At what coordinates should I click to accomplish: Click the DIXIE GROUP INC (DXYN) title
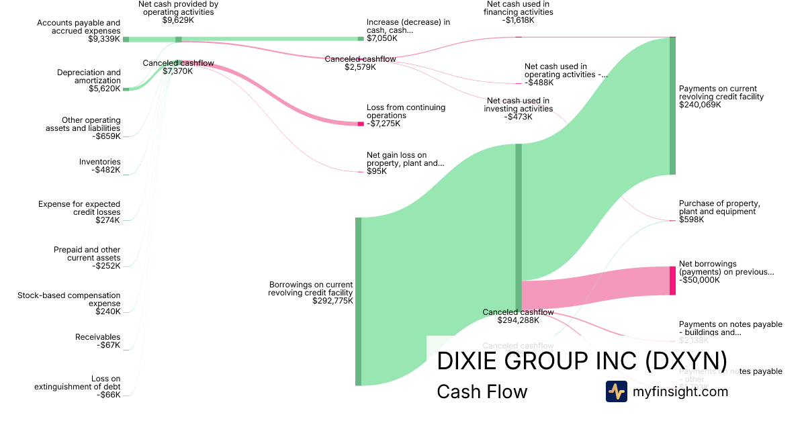click(582, 361)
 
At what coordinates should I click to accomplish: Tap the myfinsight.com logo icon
click(616, 391)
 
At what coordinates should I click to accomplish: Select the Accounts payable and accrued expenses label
click(79, 27)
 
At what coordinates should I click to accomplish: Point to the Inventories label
click(99, 162)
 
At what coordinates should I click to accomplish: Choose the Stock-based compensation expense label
click(69, 299)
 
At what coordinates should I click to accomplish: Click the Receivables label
click(98, 337)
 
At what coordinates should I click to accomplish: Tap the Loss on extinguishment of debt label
click(77, 383)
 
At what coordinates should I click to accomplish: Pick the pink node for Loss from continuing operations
click(361, 124)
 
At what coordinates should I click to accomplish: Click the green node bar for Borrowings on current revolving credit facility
click(358, 301)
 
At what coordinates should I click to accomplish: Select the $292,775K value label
click(332, 301)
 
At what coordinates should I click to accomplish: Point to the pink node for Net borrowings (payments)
click(672, 281)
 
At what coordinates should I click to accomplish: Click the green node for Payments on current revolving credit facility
click(672, 106)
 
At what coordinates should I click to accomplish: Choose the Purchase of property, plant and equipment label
click(719, 207)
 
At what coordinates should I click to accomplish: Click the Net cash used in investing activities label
click(518, 105)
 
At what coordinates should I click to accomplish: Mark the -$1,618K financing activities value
click(519, 20)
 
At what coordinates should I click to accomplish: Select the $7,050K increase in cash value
click(382, 38)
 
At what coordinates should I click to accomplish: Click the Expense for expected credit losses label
click(79, 208)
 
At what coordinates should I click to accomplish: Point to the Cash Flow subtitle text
click(482, 391)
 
